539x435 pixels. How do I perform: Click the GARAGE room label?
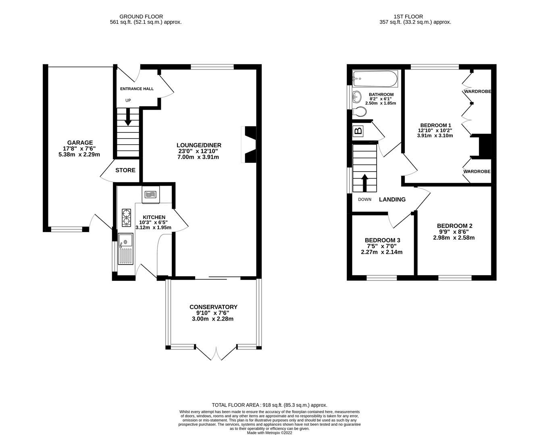80,143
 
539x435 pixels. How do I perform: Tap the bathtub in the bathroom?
375,79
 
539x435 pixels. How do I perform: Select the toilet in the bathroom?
358,112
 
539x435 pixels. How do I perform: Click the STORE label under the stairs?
125,170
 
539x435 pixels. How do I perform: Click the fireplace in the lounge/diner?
250,145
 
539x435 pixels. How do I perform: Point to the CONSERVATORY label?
213,307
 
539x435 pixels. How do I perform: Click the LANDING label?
392,199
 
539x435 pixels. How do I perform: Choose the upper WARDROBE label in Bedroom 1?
477,91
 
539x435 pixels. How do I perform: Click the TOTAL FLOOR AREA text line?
269,405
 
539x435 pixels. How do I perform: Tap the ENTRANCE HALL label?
137,89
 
